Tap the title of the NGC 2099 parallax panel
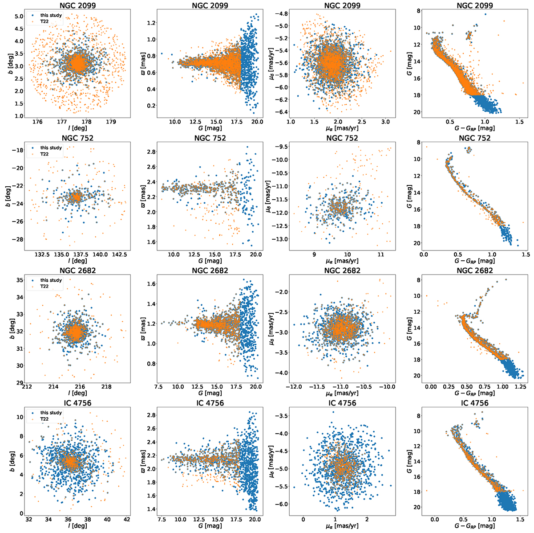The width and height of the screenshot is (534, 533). (211, 6)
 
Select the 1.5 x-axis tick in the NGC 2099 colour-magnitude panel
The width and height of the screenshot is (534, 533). (518, 121)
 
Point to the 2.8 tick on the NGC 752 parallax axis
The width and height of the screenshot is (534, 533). (150, 152)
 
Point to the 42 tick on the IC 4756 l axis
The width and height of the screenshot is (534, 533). (127, 519)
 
